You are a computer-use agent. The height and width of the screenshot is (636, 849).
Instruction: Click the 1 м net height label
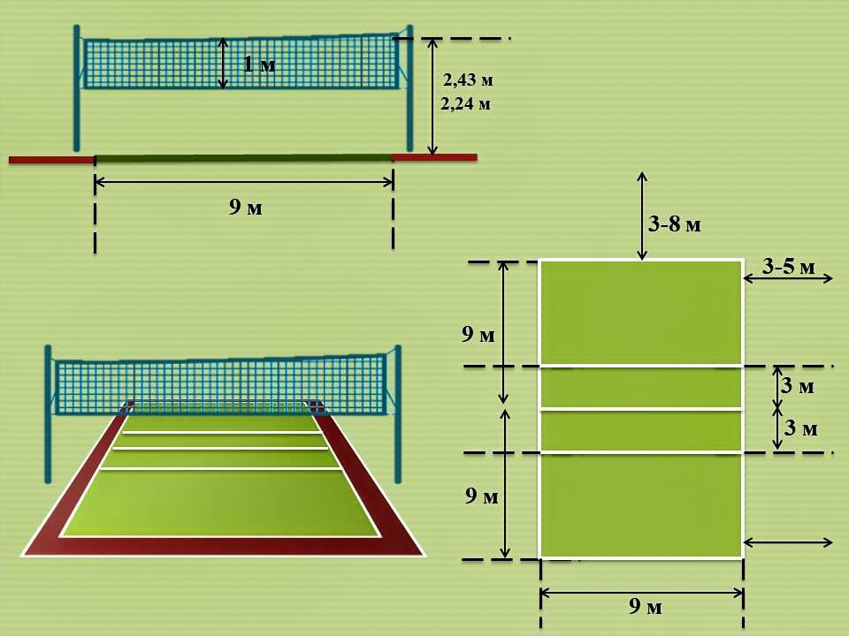259,64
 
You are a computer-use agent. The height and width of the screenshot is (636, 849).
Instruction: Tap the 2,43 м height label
469,80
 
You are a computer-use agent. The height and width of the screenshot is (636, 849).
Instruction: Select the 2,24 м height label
466,103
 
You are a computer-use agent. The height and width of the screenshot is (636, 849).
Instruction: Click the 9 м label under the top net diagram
246,207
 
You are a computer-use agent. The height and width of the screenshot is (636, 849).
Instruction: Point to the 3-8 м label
674,223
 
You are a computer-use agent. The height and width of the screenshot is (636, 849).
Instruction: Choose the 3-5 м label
788,266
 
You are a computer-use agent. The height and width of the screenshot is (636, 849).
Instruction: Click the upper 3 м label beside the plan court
798,386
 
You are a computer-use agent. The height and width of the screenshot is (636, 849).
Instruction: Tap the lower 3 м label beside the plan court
801,428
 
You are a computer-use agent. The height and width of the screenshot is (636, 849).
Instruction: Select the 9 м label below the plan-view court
646,606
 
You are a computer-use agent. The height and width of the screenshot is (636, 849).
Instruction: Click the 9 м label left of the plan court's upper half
478,335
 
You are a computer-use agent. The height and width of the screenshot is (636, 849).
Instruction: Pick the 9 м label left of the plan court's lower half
481,496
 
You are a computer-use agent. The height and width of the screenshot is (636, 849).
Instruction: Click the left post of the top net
76,88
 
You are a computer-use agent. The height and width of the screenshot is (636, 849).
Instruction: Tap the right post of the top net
409,88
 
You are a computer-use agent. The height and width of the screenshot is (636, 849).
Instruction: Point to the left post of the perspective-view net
48,413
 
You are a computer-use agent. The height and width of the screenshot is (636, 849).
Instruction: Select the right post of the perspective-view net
398,413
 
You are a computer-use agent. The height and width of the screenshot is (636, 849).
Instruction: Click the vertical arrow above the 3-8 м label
642,216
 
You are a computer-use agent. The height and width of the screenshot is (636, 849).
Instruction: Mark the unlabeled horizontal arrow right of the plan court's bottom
788,541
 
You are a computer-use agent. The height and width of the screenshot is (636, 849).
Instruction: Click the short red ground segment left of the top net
52,160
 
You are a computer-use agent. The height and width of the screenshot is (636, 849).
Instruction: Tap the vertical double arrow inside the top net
223,64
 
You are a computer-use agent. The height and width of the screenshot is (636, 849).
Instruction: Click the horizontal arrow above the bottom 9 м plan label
642,594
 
